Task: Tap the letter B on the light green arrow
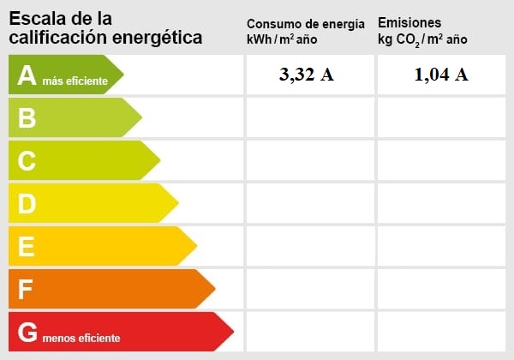click(27, 117)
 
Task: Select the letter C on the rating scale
click(27, 160)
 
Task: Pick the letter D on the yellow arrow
click(27, 203)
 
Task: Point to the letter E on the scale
click(27, 247)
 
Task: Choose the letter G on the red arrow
click(27, 333)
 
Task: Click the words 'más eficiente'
click(75, 81)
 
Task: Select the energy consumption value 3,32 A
click(306, 75)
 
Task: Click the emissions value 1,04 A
click(440, 75)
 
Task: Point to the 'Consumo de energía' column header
click(305, 24)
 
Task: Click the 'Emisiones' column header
click(409, 22)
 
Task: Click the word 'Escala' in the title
click(36, 18)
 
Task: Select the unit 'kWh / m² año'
click(282, 39)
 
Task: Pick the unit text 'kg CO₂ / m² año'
click(422, 39)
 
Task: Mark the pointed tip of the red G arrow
click(232, 332)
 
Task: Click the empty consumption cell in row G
click(309, 332)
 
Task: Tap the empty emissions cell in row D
click(440, 203)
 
